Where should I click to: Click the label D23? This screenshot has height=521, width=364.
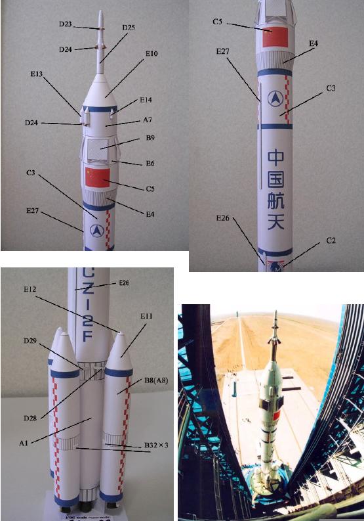pyautogui.click(x=65, y=24)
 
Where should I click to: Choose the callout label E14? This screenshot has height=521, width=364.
pyautogui.click(x=146, y=101)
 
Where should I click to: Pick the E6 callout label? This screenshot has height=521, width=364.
pyautogui.click(x=148, y=162)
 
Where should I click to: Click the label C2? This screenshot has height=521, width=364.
pyautogui.click(x=332, y=241)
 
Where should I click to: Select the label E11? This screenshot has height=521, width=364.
pyautogui.click(x=145, y=317)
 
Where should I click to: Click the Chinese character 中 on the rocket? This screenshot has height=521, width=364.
pyautogui.click(x=278, y=157)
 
